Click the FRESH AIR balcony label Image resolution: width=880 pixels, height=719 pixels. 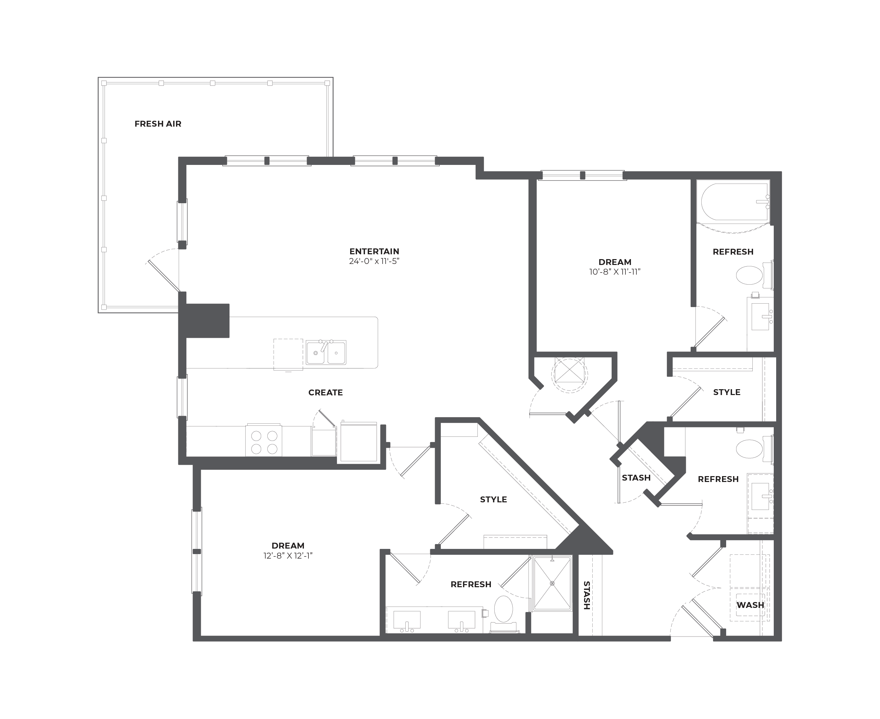pos(158,124)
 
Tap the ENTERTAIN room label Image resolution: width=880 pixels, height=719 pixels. pos(374,252)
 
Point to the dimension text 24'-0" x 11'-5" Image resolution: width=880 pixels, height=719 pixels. pos(374,261)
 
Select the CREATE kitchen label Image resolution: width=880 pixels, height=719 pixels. pos(326,393)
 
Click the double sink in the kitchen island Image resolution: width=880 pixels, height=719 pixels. pos(326,353)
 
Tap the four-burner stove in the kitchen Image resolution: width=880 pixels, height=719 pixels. pos(264,441)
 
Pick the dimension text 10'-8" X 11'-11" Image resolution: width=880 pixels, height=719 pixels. pos(615,272)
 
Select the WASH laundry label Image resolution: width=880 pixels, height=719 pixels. pos(750,605)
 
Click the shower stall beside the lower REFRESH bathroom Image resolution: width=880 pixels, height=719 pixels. pos(552,583)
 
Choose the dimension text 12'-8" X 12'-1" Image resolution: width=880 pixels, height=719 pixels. pos(288,556)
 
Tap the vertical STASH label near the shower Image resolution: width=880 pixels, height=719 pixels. pos(586,595)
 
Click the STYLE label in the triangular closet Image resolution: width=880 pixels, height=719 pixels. pos(493,500)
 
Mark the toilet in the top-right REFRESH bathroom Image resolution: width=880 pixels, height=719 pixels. pos(754,275)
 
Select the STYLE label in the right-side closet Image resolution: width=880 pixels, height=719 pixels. pos(726,392)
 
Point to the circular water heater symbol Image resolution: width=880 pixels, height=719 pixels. pos(570,374)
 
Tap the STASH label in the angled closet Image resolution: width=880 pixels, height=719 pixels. pos(636,478)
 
